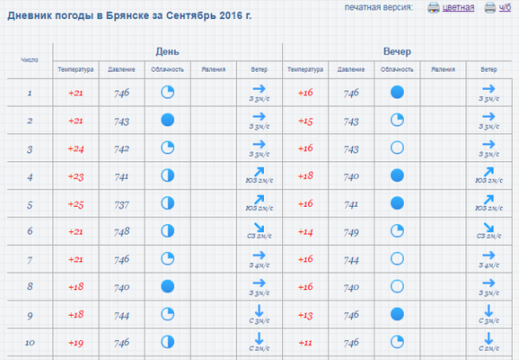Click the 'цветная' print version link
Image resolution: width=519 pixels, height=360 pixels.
[x=458, y=8]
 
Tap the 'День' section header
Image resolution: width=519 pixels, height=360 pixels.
[x=168, y=51]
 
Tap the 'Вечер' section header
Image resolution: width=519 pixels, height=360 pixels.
[x=397, y=51]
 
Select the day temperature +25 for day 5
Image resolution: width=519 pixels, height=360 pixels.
[x=76, y=204]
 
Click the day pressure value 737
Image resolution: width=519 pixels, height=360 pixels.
[x=121, y=204]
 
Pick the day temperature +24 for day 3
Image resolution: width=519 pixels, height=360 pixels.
[x=76, y=149]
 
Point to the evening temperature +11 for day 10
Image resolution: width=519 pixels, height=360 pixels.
[x=306, y=343]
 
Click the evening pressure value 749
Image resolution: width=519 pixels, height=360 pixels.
[x=351, y=232]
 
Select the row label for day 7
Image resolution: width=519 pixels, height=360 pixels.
[x=29, y=260]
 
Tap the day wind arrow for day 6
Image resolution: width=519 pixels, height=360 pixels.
[x=259, y=228]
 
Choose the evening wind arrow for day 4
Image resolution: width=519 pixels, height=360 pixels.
[x=489, y=172]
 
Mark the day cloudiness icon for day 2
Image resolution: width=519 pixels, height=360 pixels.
[x=168, y=121]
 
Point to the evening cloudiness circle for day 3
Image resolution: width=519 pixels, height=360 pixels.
[x=398, y=148]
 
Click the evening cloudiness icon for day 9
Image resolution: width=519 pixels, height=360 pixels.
[x=398, y=314]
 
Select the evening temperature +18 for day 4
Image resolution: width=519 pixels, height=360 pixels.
[x=306, y=177]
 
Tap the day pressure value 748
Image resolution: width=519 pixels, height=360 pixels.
[x=121, y=232]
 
